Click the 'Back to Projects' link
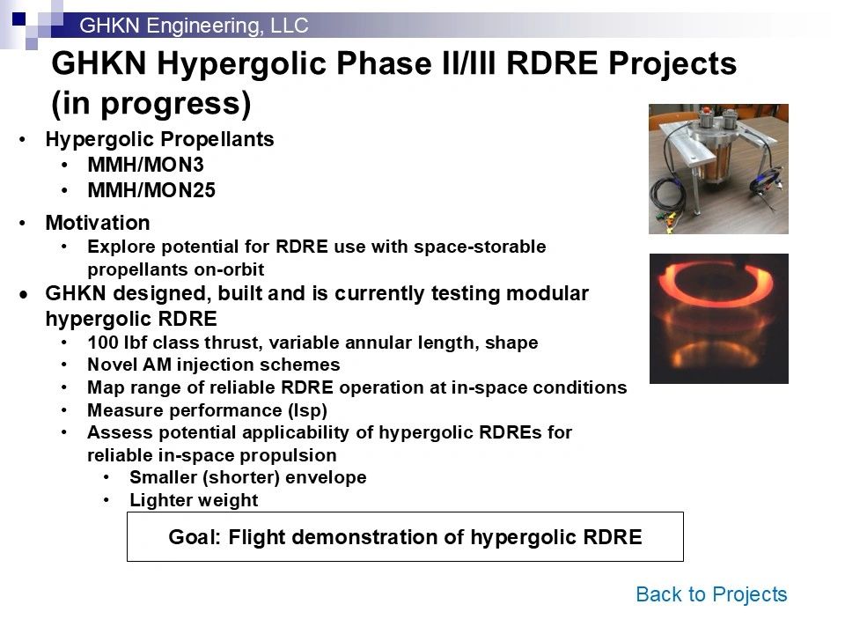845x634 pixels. click(x=711, y=594)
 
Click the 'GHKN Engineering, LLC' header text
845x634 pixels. click(x=194, y=26)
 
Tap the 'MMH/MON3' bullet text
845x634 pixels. click(x=145, y=165)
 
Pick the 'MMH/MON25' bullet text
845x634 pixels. click(x=151, y=190)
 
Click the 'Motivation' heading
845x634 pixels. click(x=98, y=223)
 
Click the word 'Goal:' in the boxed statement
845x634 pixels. click(x=195, y=537)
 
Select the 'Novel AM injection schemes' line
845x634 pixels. click(x=213, y=365)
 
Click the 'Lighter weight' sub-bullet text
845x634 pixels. click(x=194, y=500)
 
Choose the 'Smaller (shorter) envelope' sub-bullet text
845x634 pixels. click(x=248, y=477)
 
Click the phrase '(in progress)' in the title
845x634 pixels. click(x=151, y=104)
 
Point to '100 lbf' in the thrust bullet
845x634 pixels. click(x=114, y=343)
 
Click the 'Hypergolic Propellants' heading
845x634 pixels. click(x=159, y=140)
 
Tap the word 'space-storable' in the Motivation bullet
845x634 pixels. click(x=480, y=247)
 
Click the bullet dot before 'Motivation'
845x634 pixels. click(x=23, y=223)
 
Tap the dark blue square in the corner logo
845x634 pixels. click(x=18, y=18)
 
